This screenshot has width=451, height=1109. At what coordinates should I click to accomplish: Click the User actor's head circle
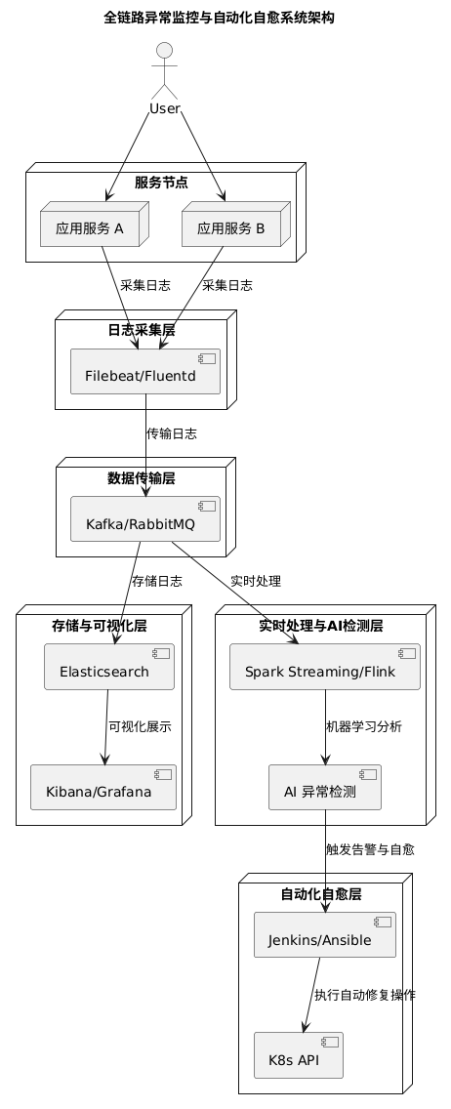click(164, 51)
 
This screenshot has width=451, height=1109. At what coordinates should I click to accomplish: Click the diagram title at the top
click(219, 18)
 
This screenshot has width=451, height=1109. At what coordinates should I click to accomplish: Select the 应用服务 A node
click(94, 225)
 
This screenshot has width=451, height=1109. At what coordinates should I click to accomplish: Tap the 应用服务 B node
click(236, 225)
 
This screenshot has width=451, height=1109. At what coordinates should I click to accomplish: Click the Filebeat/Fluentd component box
click(145, 371)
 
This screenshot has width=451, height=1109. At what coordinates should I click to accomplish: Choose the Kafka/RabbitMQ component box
click(145, 519)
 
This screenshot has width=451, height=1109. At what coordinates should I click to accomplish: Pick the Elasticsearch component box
click(109, 666)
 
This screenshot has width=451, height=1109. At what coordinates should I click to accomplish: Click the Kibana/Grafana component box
click(103, 787)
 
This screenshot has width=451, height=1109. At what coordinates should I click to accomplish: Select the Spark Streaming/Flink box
click(325, 666)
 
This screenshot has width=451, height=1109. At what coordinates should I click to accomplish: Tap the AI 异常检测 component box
click(325, 787)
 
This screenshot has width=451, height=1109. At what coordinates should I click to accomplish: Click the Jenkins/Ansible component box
click(325, 934)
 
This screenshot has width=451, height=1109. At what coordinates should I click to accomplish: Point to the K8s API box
click(299, 1055)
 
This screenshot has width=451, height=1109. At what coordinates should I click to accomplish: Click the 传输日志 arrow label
click(172, 433)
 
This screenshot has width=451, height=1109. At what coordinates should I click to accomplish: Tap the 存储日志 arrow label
click(157, 582)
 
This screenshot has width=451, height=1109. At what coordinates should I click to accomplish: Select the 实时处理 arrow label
click(256, 582)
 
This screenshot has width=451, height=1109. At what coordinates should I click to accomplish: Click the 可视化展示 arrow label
click(140, 726)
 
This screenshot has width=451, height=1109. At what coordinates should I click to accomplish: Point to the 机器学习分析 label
click(364, 726)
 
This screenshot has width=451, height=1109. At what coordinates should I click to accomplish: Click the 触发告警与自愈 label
click(370, 849)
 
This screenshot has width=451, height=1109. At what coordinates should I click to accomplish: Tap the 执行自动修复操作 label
click(365, 995)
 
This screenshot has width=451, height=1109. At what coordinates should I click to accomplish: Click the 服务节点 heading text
click(162, 183)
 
